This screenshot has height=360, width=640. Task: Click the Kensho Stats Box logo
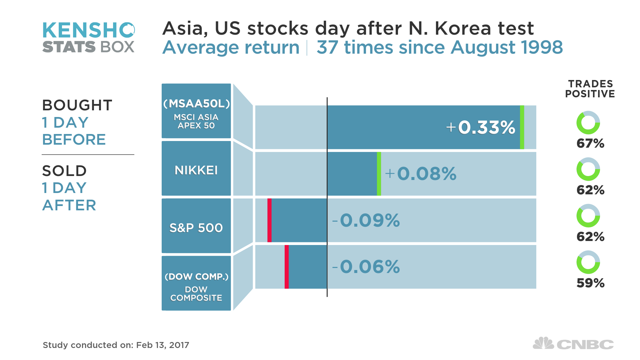coord(88,37)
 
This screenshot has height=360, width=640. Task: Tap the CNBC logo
coord(573,344)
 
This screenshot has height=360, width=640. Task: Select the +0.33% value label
coord(481,127)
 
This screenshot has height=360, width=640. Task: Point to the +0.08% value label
coord(421,174)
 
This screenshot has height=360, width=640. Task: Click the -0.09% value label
coord(366,220)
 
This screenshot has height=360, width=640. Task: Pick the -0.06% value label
coord(366,267)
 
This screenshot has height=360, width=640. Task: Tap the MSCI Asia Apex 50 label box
coord(196,111)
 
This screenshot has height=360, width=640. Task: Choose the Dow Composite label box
coord(196,283)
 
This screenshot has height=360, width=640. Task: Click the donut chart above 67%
coord(588,123)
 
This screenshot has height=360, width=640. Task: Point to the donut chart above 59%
coord(588,262)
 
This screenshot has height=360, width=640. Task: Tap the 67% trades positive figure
coord(590,144)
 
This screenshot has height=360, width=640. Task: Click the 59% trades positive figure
coord(590,283)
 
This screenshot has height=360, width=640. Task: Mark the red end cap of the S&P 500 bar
coord(269,220)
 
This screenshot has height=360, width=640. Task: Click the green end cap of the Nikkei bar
coord(379,174)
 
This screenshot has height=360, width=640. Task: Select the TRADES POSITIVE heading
coord(590,89)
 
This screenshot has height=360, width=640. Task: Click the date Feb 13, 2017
coord(163,345)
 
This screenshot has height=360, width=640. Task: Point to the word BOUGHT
coord(77,105)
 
